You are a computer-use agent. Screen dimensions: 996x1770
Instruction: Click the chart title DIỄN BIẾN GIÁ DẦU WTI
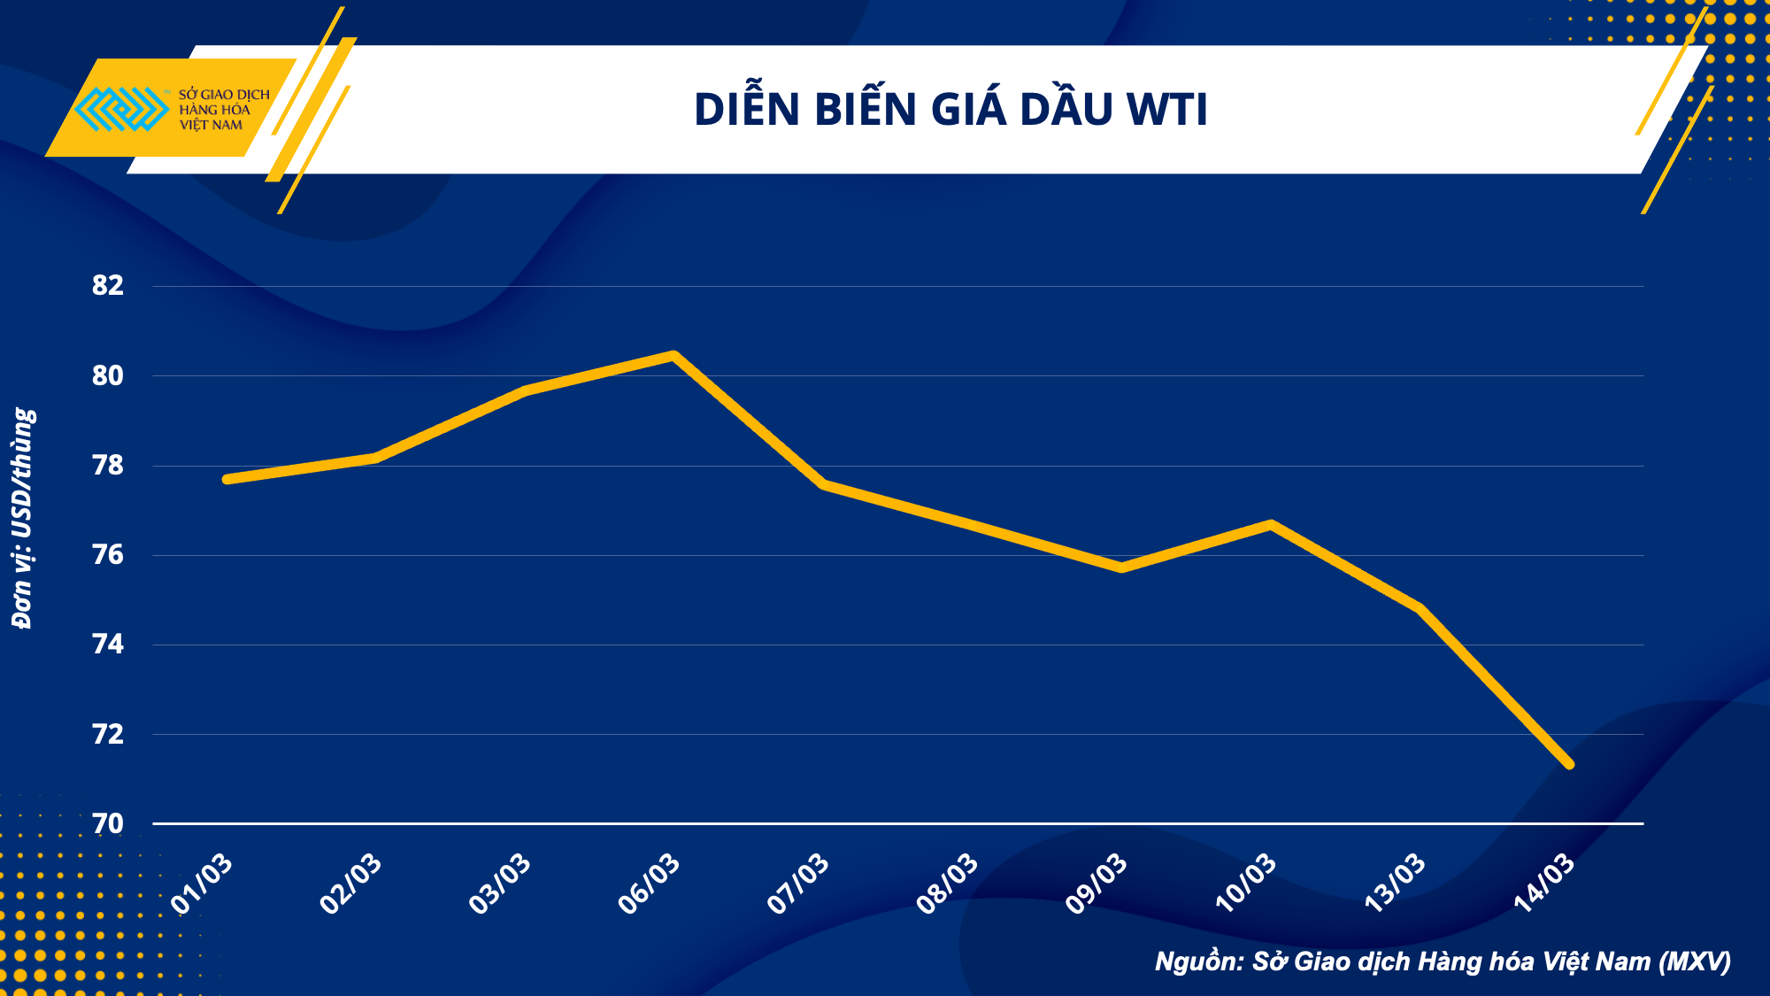pyautogui.click(x=950, y=110)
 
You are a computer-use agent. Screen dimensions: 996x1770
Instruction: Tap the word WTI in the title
pyautogui.click(x=1166, y=110)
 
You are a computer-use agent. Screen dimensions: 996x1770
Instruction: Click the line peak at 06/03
pyautogui.click(x=673, y=356)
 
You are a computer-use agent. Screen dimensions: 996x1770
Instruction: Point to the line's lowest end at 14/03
pyautogui.click(x=1569, y=764)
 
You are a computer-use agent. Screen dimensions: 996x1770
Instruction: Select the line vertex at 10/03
pyautogui.click(x=1271, y=524)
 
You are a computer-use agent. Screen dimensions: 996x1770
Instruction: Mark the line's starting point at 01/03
pyautogui.click(x=227, y=479)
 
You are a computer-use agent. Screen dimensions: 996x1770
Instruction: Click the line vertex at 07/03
pyautogui.click(x=824, y=484)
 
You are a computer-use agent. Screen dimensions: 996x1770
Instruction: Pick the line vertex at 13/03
pyautogui.click(x=1420, y=608)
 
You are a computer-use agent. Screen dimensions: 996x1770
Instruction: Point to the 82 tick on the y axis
pyautogui.click(x=108, y=285)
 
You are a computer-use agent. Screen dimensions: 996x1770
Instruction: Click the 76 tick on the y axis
pyautogui.click(x=108, y=555)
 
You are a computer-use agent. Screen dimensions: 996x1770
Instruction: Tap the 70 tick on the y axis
pyautogui.click(x=108, y=824)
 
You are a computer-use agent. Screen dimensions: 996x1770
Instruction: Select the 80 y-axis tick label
pyautogui.click(x=108, y=375)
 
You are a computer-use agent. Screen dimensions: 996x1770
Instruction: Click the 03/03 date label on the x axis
pyautogui.click(x=500, y=883)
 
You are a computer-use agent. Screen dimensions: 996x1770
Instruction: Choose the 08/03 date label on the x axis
pyautogui.click(x=948, y=883)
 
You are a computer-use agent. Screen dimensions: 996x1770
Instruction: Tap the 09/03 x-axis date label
pyautogui.click(x=1097, y=883)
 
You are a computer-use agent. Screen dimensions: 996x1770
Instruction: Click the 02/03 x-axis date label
pyautogui.click(x=351, y=883)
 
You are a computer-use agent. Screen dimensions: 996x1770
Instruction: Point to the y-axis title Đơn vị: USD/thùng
pyautogui.click(x=23, y=518)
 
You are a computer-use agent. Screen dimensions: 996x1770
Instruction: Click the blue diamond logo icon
pyautogui.click(x=122, y=109)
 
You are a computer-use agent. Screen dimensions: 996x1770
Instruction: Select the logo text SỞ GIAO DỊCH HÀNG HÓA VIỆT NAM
pyautogui.click(x=223, y=109)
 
